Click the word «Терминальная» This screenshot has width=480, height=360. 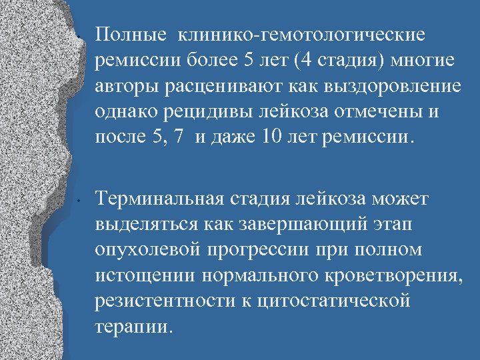click(162, 198)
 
